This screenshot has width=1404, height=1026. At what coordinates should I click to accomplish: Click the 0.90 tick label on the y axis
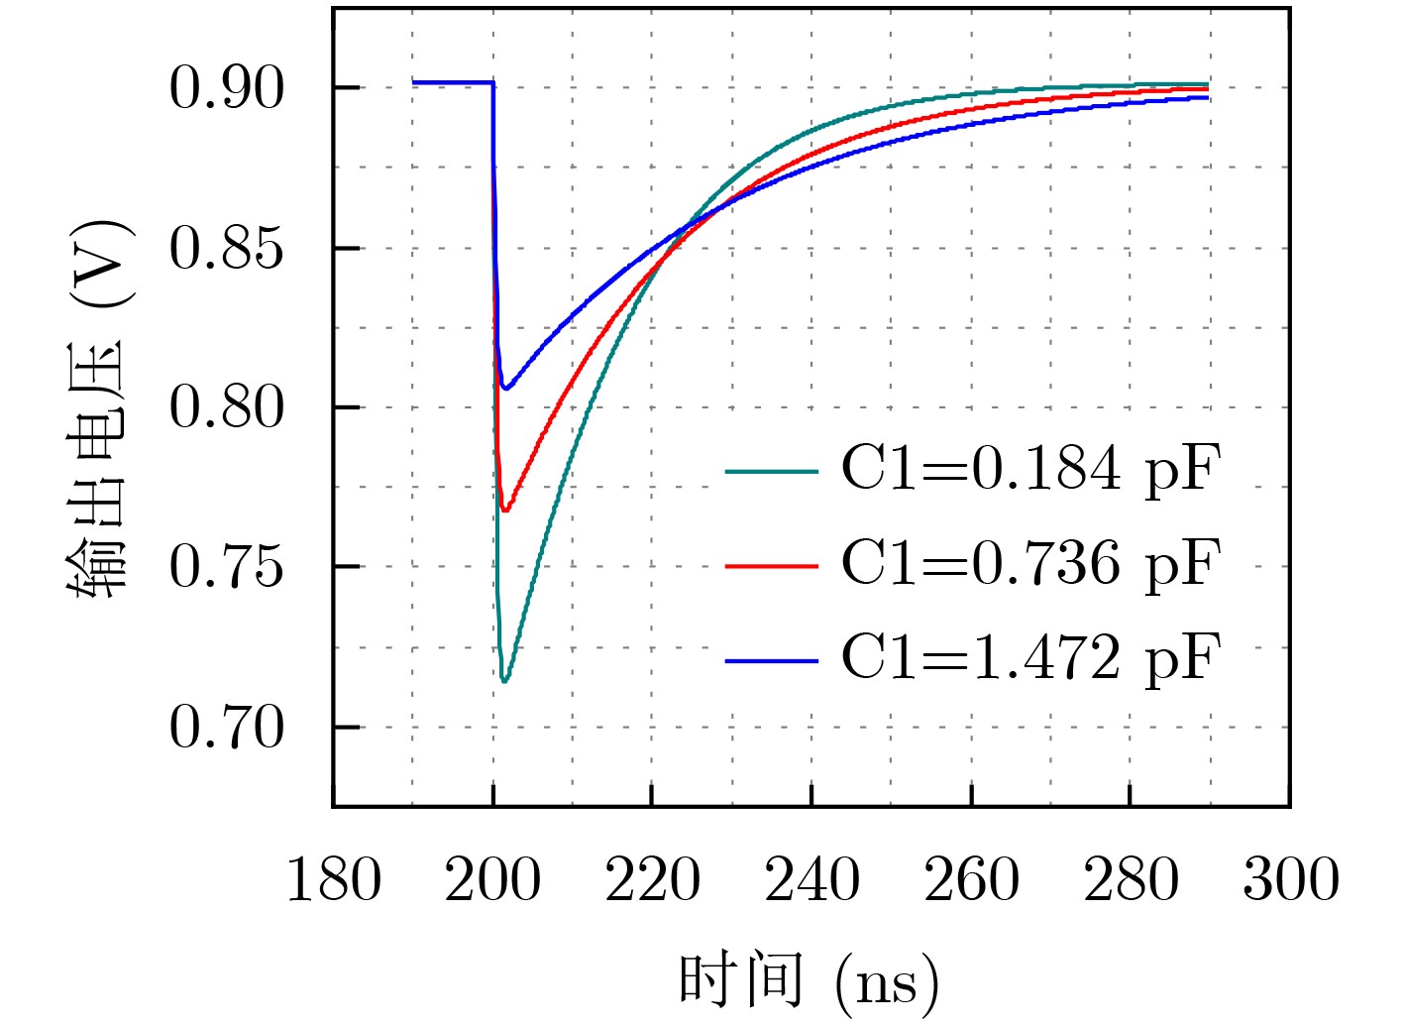(226, 88)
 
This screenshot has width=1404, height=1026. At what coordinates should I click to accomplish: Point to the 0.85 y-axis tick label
(226, 248)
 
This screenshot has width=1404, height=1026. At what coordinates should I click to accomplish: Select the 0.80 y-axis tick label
(226, 407)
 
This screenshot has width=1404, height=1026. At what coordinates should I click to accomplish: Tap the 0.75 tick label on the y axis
(226, 568)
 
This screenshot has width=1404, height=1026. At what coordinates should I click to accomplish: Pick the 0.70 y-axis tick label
(226, 729)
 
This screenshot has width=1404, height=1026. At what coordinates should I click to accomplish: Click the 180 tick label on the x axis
(333, 880)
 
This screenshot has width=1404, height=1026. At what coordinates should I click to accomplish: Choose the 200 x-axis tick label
(492, 880)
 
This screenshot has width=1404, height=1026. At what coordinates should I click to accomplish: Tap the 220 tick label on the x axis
(652, 880)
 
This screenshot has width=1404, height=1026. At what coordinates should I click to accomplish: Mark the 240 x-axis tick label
(811, 880)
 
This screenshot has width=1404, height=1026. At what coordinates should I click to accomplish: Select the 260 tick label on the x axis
(971, 880)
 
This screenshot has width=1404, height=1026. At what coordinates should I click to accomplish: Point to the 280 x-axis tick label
(1131, 880)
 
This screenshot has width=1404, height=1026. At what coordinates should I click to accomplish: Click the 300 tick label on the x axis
(1290, 880)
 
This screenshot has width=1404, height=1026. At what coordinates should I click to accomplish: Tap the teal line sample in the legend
(772, 471)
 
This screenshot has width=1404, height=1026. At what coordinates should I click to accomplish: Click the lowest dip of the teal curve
(504, 681)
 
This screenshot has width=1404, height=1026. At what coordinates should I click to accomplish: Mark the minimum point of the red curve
(504, 510)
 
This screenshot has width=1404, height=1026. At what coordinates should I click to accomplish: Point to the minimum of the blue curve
(505, 388)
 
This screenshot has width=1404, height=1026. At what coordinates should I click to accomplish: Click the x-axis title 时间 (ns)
(809, 981)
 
